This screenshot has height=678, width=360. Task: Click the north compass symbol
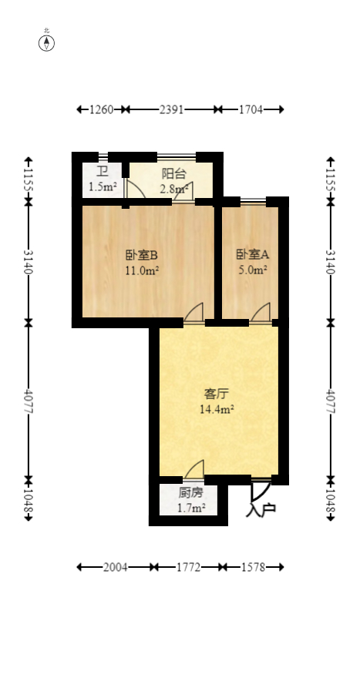(47, 42)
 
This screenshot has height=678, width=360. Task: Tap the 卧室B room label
(141, 255)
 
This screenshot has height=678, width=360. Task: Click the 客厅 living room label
(217, 394)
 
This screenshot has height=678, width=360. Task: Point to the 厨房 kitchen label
(190, 492)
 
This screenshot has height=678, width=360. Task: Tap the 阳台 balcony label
(173, 174)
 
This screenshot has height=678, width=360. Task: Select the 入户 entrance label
(261, 509)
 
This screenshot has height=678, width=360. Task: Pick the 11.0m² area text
(141, 270)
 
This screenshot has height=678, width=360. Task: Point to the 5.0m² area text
(252, 270)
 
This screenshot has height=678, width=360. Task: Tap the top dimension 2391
(171, 110)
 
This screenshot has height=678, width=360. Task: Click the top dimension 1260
(102, 110)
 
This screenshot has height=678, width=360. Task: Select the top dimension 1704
(250, 110)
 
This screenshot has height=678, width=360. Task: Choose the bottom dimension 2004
(115, 567)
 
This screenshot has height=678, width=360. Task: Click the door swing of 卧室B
(195, 312)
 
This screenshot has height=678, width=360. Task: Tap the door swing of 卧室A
(261, 312)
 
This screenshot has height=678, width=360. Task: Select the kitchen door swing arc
(195, 469)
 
